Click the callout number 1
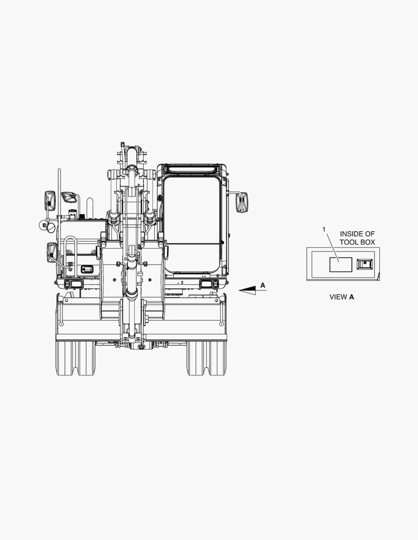point(323,229)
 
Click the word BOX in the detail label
point(367,242)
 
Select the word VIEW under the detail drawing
point(338,297)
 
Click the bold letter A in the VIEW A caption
point(351,297)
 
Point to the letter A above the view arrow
point(263,285)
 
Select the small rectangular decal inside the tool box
point(341,264)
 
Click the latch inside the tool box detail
point(365,264)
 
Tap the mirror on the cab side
point(242,202)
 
